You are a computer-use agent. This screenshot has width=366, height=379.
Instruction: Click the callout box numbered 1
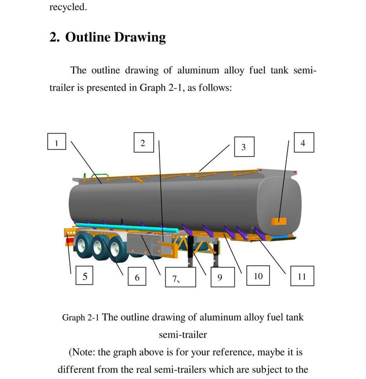pos(57,141)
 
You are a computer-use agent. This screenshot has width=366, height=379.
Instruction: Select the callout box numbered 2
pos(143,142)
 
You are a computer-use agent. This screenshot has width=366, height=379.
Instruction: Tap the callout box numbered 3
pos(244,146)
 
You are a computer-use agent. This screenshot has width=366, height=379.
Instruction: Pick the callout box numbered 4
pos(303,142)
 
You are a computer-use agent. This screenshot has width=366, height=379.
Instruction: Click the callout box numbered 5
pos(84,275)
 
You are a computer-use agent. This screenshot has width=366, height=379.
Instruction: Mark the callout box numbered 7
pos(180,277)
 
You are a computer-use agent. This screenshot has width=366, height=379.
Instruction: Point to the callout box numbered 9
pos(223,277)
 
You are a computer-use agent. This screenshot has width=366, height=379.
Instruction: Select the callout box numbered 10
pos(258,276)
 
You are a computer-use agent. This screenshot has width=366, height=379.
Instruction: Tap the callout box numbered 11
pos(302,276)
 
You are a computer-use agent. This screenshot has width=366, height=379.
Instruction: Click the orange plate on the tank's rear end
pos(278,221)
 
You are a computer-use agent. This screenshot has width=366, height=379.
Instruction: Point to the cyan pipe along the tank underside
pos(126,228)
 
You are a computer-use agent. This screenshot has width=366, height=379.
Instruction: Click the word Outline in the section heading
pos(88,37)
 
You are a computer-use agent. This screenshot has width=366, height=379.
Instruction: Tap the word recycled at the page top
pos(68,7)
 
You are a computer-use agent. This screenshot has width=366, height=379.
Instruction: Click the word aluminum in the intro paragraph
pos(198,71)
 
